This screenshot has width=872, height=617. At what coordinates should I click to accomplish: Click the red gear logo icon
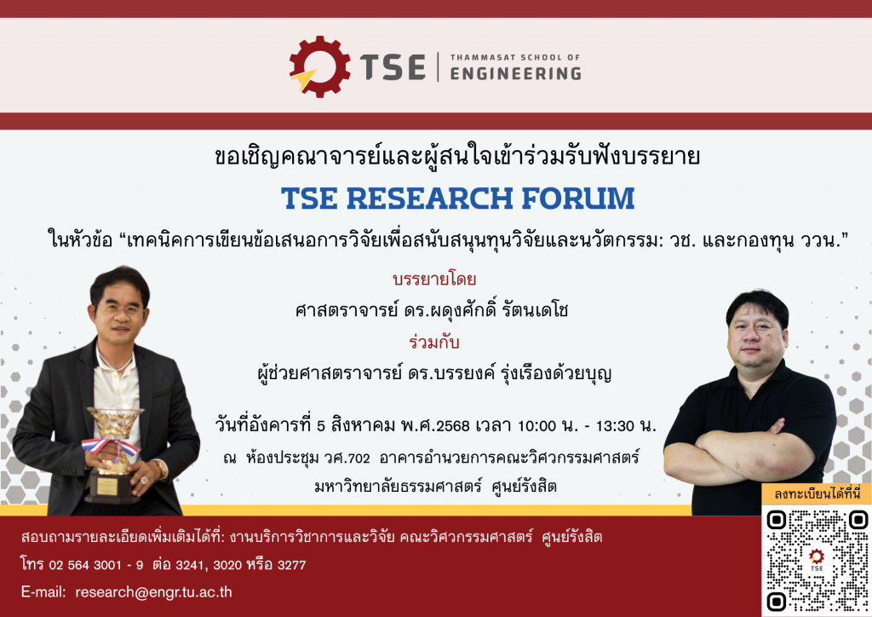319,66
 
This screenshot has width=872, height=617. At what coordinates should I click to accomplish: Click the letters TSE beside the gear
393,68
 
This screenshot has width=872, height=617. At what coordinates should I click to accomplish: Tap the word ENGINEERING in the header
515,73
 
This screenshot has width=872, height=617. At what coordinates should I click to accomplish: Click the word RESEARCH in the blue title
429,199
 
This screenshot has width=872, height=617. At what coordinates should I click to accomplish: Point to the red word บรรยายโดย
434,279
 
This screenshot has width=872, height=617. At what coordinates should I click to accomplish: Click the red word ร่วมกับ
434,342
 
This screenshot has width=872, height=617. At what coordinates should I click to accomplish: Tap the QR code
817,560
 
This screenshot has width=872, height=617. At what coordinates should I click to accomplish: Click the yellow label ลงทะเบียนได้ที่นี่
817,493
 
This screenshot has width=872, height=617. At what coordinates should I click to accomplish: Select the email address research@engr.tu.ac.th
153,592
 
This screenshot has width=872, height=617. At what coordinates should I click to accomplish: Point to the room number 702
359,458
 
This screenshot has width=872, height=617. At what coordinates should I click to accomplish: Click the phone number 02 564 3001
85,565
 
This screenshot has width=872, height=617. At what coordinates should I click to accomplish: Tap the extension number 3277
291,565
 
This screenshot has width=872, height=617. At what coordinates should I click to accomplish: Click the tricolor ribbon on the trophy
110,447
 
